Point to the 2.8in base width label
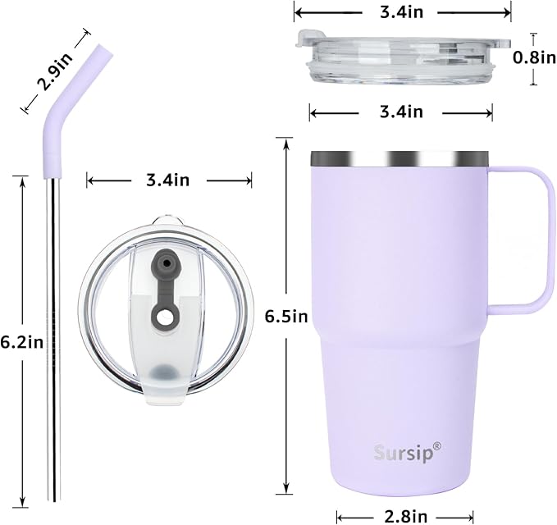point(405,515)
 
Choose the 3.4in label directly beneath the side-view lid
point(400,111)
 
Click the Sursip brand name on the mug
point(402,451)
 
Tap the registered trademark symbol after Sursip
point(436,445)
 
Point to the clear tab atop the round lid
point(167,221)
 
